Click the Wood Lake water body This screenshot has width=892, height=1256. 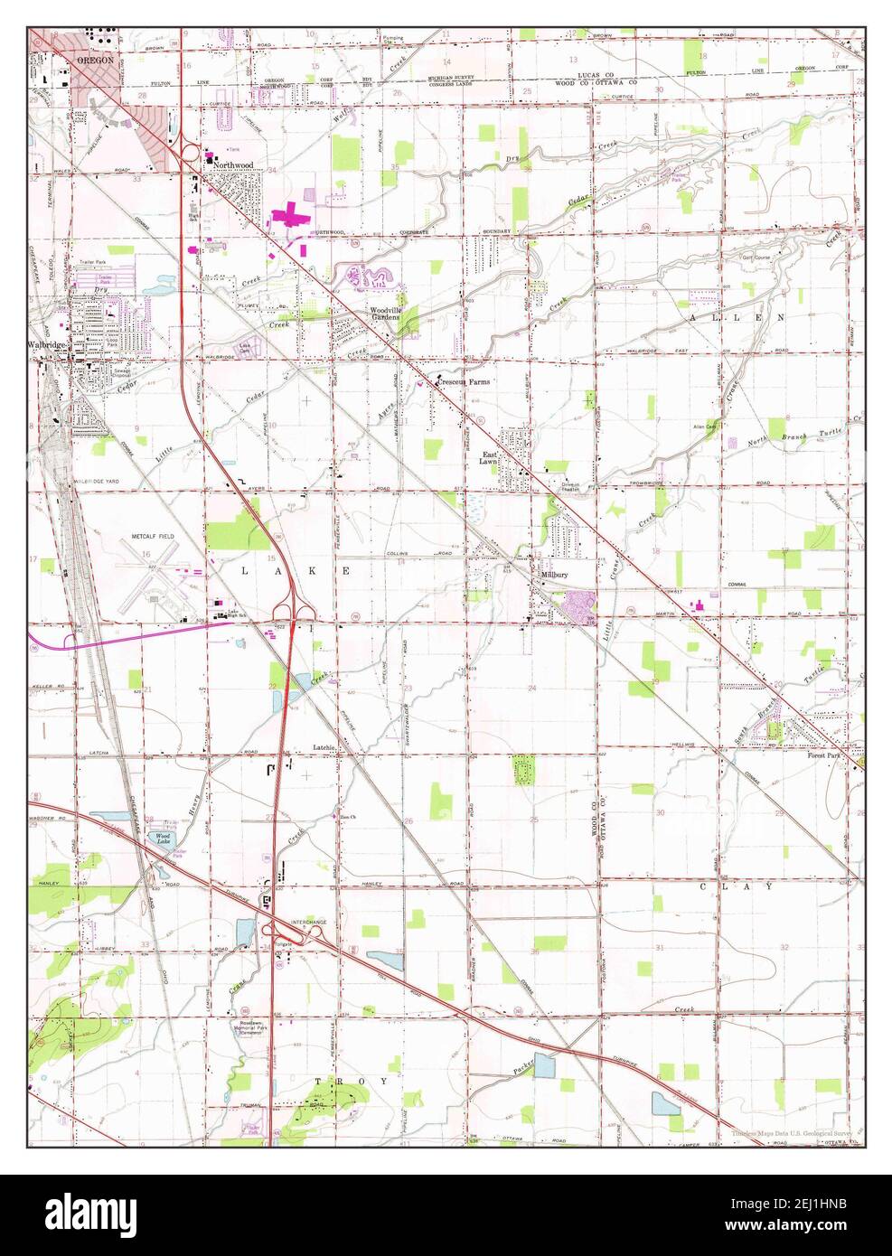164,839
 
